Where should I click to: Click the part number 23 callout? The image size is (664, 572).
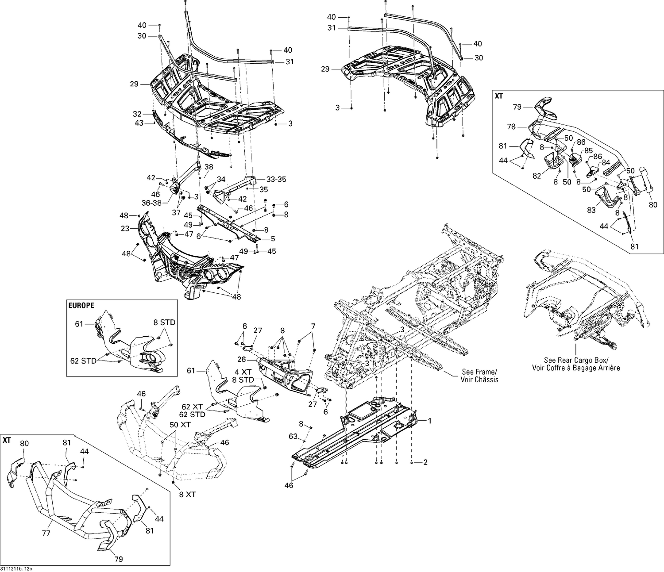[x=125, y=229]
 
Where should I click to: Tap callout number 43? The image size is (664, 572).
[x=139, y=123]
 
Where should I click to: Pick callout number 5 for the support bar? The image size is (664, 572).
[x=273, y=239]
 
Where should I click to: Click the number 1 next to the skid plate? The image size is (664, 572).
[x=429, y=422]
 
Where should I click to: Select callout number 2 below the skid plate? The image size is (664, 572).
[x=425, y=463]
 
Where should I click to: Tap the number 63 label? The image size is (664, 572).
[x=293, y=436]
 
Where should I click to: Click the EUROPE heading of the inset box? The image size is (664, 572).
[x=81, y=305]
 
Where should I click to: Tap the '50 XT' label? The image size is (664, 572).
[x=180, y=425]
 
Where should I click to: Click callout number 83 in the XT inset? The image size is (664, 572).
[x=591, y=210]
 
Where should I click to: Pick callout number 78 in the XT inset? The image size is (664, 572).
[x=511, y=127]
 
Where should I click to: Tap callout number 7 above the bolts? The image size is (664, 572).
[x=313, y=326]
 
